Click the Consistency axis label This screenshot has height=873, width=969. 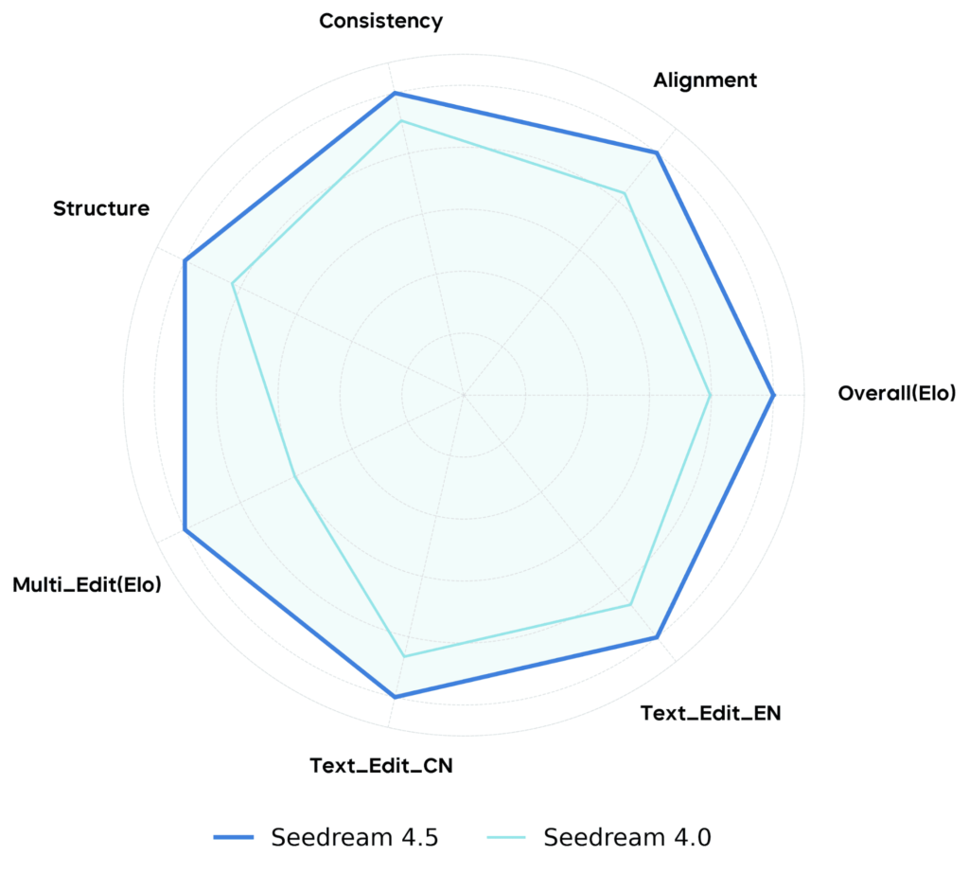380,21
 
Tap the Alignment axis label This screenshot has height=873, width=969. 705,80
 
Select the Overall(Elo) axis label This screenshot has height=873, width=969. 897,393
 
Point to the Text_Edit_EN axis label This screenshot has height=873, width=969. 711,713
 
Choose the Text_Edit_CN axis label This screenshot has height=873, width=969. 381,765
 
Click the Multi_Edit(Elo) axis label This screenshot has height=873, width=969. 87,585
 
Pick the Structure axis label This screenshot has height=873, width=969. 101,208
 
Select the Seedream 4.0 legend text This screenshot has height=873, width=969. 627,837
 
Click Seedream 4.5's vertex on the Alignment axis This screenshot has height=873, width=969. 657,151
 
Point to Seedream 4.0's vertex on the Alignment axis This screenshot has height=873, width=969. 625,193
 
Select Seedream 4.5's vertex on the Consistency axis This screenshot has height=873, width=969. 395,93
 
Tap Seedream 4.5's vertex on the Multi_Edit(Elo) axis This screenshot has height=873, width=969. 185,529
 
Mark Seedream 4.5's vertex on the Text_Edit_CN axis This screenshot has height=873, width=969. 395,697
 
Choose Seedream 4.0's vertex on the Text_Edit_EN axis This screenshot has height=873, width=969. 630,604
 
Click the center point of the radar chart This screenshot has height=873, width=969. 464,394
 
